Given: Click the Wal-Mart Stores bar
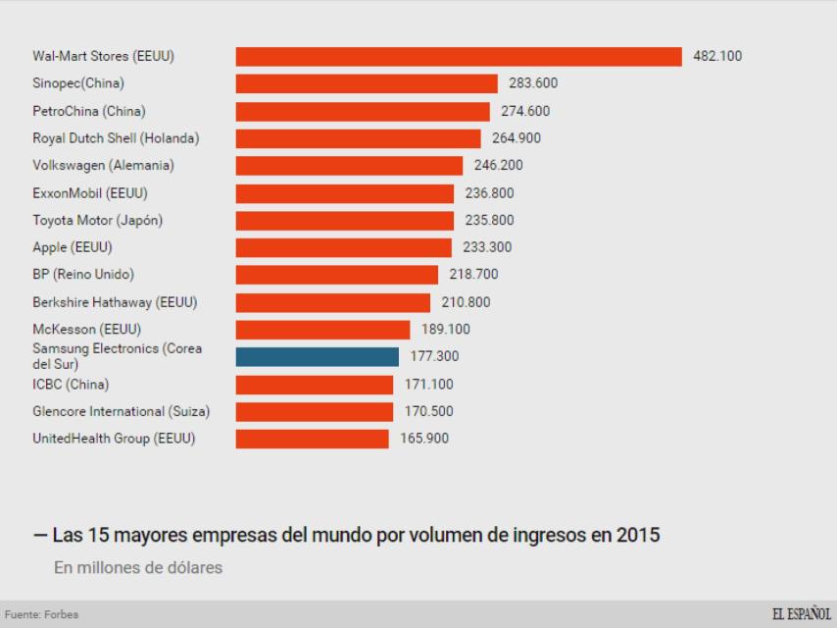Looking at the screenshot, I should tap(459, 57).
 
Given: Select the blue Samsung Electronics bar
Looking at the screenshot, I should tap(318, 356).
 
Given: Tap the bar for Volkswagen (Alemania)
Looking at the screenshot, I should tap(349, 166).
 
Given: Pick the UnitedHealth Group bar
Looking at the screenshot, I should tap(313, 439).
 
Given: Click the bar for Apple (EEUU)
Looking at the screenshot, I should tap(344, 247).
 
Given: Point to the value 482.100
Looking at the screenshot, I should tap(717, 57).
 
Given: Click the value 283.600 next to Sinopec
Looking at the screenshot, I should tap(533, 83).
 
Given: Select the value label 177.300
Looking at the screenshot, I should tap(434, 356).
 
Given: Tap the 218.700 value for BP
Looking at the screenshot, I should tap(473, 275).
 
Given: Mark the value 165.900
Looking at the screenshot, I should tap(424, 439).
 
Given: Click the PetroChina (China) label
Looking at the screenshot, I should tap(89, 111).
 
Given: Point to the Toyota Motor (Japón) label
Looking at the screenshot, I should tap(98, 220).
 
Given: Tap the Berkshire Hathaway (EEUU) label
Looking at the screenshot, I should tap(115, 302).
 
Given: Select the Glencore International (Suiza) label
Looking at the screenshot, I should tap(122, 411).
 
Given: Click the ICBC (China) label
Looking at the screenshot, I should tap(71, 384).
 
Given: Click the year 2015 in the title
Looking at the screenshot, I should tap(639, 536).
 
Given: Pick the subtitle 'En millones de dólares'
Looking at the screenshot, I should tap(138, 567).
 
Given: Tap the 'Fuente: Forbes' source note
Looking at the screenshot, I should tap(41, 615).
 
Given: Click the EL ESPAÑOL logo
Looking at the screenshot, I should tap(801, 615).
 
